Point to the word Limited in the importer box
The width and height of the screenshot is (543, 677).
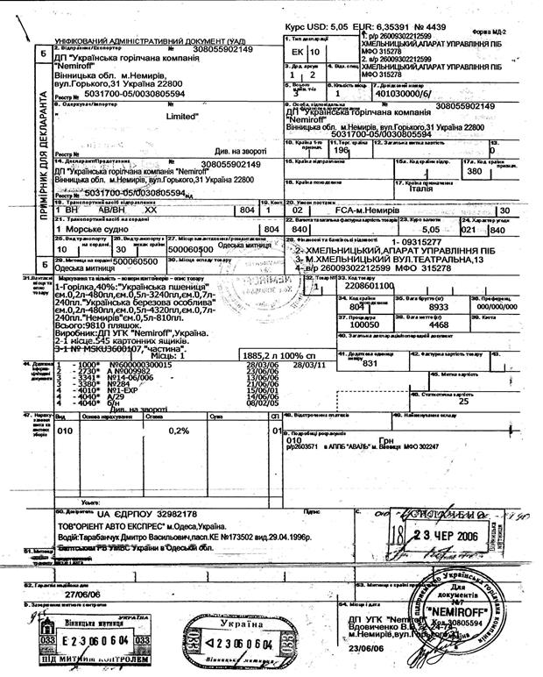(182, 116)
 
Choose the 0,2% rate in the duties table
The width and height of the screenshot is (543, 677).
(179, 431)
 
